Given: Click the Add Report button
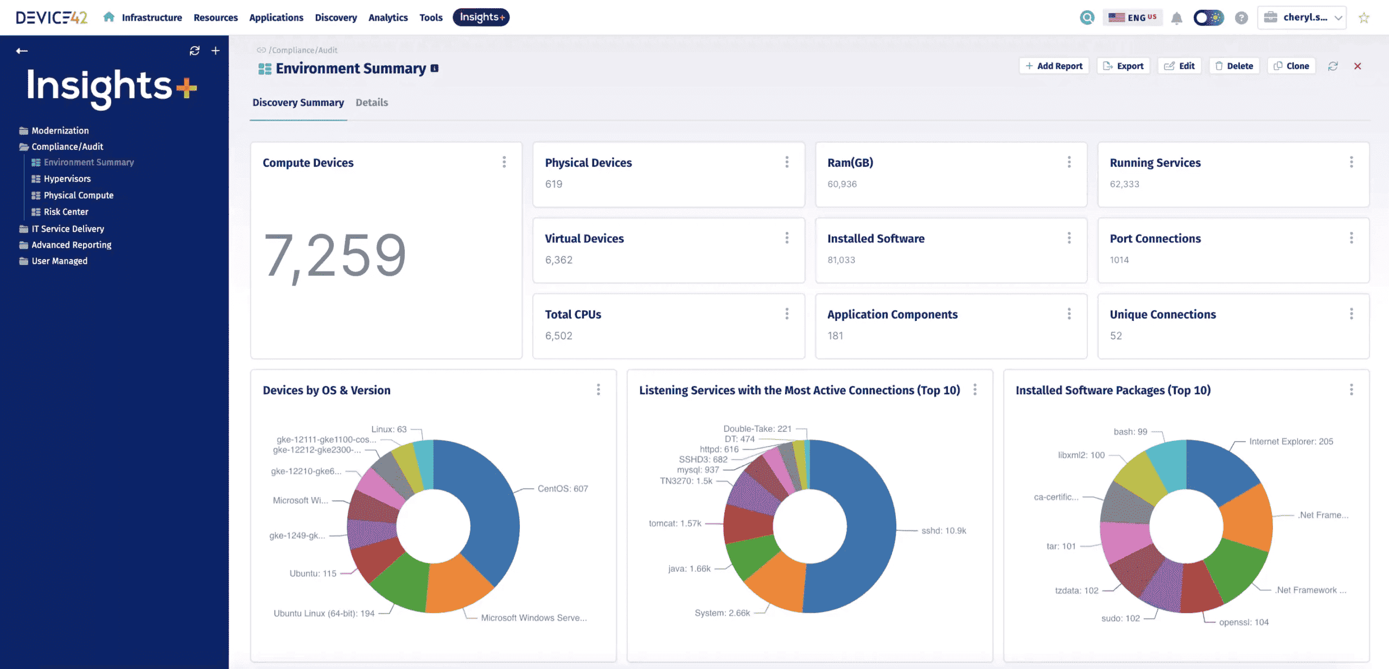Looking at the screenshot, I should coord(1054,66).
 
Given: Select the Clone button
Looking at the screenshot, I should coord(1291,66).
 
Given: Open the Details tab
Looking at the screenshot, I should coord(372,103).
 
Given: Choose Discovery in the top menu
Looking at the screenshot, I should coord(336,17).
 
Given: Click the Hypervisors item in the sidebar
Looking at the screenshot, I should coord(67,179).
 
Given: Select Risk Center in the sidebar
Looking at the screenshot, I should coord(66,212).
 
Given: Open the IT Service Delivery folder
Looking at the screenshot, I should coord(67,229).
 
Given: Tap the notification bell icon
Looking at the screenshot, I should coord(1176,18).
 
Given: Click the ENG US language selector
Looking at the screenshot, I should coord(1133,17).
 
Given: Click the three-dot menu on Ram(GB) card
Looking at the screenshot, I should coord(1069,162).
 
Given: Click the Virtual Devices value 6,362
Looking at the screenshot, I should coord(559,260).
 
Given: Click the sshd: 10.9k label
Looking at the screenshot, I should coord(944,531).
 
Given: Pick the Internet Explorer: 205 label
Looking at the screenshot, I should coord(1291,441).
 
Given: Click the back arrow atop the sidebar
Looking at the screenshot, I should coord(22,51).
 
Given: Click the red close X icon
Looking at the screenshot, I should coord(1358,66).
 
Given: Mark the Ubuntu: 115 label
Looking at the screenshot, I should coord(313,573).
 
